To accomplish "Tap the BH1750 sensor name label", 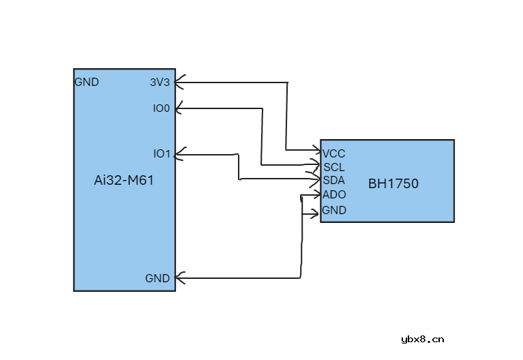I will click(x=393, y=183).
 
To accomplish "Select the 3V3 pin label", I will click(x=160, y=82).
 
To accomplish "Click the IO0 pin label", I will click(x=162, y=108).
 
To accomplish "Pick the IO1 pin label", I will click(x=162, y=153).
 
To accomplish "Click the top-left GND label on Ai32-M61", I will click(x=87, y=82).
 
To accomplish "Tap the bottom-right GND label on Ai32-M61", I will click(x=158, y=278).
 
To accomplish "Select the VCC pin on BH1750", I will click(x=334, y=153).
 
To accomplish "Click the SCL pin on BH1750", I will click(x=334, y=167).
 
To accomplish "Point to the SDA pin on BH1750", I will click(x=333, y=180).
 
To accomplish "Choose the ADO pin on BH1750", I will click(x=334, y=194).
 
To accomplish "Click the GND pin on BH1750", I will click(x=334, y=210).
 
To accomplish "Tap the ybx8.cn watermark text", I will click(x=423, y=339).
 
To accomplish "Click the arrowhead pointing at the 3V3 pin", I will click(x=179, y=83).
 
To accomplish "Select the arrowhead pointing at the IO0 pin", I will click(x=179, y=108).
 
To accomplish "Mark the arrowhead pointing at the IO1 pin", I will click(x=179, y=155).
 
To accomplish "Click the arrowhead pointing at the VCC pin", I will click(x=316, y=149).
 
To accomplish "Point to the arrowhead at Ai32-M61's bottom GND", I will click(x=179, y=278).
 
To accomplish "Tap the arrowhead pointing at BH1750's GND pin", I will click(x=315, y=214).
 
